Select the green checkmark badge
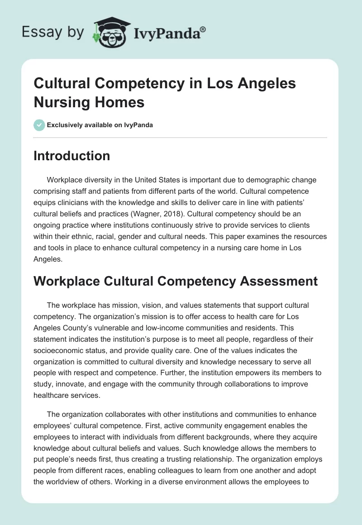pyautogui.click(x=39, y=125)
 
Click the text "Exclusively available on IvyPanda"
pyautogui.click(x=100, y=125)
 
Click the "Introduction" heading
pyautogui.click(x=72, y=156)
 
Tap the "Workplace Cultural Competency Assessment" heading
pyautogui.click(x=176, y=282)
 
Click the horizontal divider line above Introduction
pyautogui.click(x=181, y=137)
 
